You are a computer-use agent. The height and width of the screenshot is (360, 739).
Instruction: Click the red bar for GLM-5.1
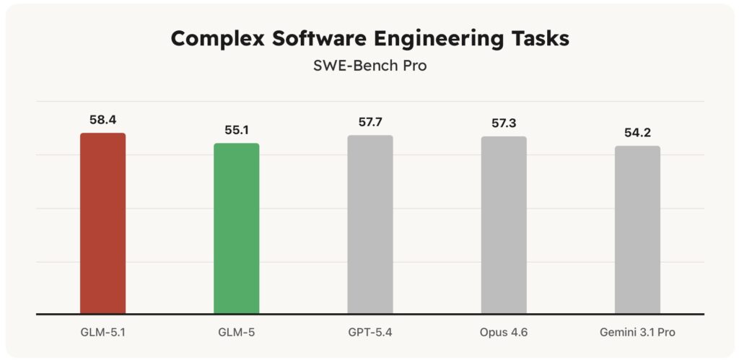tap(102, 224)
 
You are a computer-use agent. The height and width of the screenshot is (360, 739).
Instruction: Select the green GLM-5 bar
tap(236, 229)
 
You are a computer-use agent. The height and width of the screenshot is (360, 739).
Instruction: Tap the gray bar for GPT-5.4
tap(370, 224)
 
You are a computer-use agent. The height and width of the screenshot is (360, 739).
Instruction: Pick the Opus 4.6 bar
tap(504, 225)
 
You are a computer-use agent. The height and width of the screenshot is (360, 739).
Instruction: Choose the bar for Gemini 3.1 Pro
tap(637, 230)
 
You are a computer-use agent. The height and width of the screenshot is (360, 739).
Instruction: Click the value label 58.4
tap(102, 119)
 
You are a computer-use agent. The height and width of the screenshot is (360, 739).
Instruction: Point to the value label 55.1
tap(236, 130)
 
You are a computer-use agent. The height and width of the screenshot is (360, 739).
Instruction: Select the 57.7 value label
tap(370, 121)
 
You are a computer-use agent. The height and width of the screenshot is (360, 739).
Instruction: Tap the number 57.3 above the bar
tap(504, 123)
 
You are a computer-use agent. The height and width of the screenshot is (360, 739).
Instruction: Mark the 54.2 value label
tap(637, 132)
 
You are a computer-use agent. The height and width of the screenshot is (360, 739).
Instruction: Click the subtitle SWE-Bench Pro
tap(369, 66)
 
